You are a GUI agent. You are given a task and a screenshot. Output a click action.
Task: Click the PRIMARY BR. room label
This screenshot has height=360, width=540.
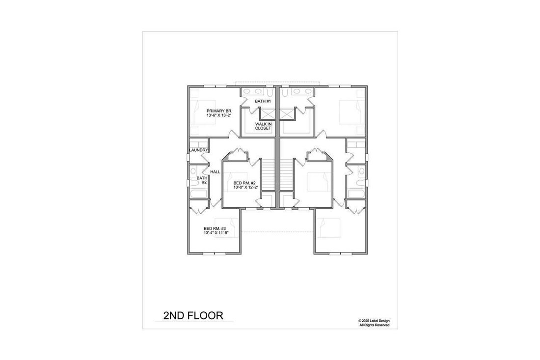[x=219, y=111]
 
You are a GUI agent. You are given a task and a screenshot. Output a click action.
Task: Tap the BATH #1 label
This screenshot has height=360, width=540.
[x=263, y=101]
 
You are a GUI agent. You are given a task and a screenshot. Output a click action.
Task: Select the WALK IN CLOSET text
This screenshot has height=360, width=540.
[x=263, y=126]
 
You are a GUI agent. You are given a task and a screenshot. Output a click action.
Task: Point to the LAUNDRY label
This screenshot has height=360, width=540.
[x=199, y=150]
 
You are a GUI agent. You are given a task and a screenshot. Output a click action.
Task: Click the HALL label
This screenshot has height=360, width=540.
[x=215, y=171]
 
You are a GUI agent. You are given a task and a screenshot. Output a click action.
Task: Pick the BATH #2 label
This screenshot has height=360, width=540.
[x=202, y=180]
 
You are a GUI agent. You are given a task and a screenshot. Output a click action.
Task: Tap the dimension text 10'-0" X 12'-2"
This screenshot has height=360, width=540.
[x=246, y=188]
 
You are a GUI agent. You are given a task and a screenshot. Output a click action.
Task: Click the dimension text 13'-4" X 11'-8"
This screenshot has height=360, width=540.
[x=216, y=233]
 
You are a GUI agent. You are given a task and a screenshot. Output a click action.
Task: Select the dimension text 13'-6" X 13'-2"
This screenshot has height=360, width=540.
[x=219, y=115]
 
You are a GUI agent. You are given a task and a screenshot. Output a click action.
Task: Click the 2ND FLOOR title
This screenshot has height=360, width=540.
[x=193, y=315]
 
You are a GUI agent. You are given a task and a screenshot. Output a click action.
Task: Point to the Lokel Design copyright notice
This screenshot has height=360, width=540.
[x=375, y=323]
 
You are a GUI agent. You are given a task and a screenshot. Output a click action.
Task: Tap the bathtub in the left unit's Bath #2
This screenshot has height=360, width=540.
[x=198, y=194]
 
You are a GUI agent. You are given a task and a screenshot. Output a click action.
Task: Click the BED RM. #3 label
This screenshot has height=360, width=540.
[x=215, y=228]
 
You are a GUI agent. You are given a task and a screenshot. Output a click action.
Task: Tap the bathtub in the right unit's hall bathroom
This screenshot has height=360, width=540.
[x=356, y=194]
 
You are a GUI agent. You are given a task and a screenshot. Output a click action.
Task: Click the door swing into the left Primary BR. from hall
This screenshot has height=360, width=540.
[x=234, y=134]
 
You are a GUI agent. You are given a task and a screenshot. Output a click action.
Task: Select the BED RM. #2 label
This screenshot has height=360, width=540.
[x=244, y=183]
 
